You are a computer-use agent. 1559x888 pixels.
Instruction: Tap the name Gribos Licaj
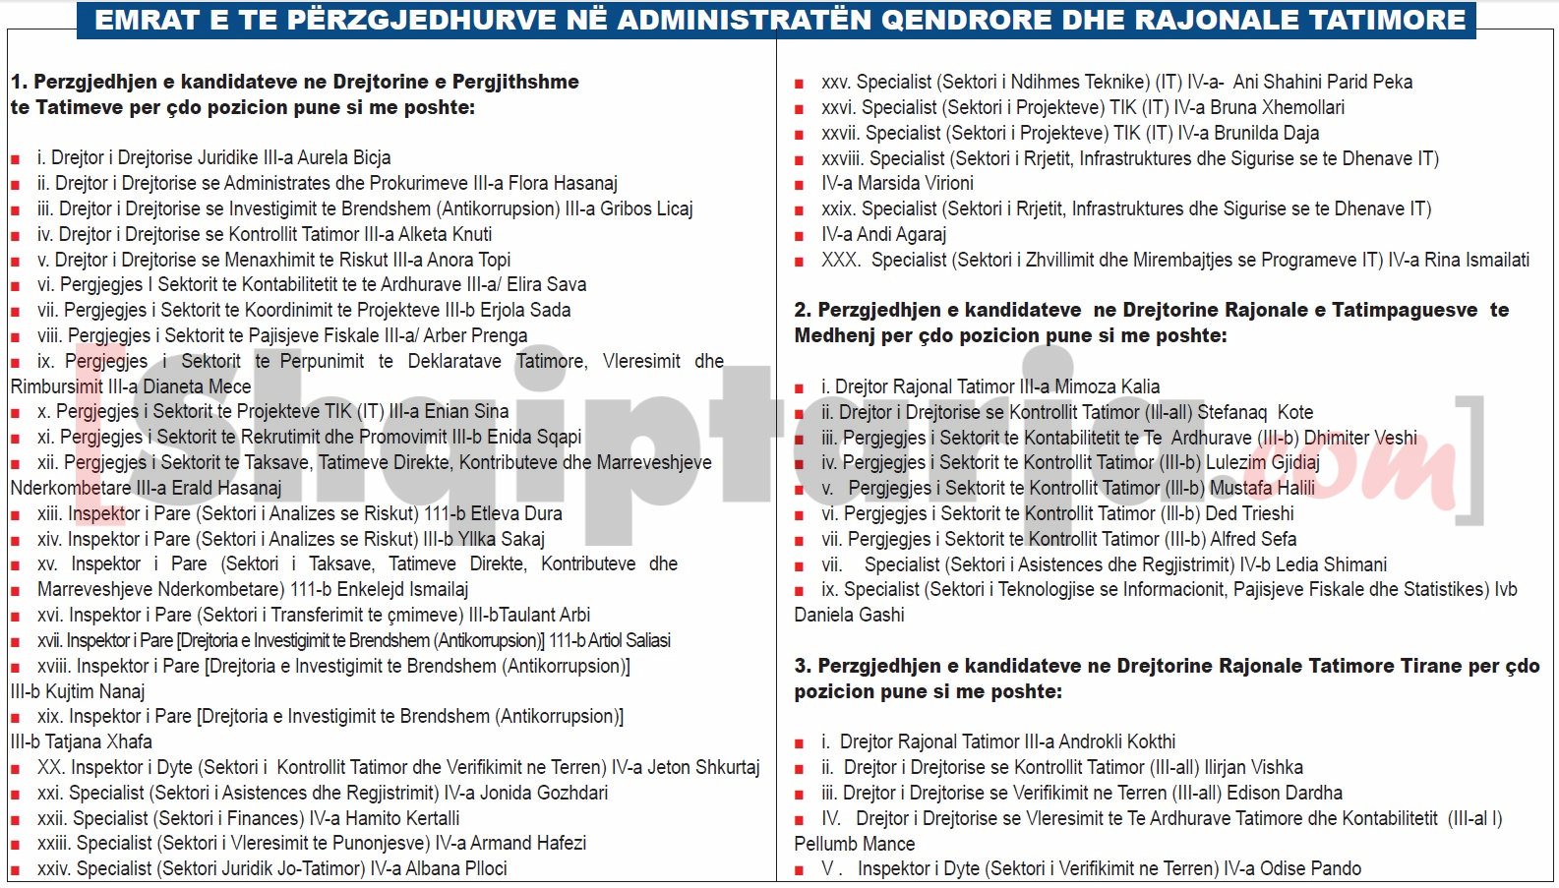click(646, 208)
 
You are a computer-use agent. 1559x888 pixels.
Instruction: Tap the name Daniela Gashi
click(849, 615)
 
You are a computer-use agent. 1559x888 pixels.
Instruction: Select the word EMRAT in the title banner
click(147, 20)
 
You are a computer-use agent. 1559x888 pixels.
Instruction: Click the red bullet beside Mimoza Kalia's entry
click(800, 387)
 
